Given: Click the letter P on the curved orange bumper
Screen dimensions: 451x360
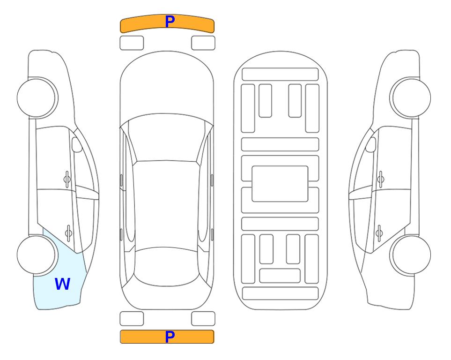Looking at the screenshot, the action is tap(170, 22).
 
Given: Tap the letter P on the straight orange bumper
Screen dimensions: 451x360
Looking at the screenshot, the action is tap(170, 337).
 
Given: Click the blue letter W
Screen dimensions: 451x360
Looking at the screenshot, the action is tap(62, 284).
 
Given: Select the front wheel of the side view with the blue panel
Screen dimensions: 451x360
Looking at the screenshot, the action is tap(37, 98).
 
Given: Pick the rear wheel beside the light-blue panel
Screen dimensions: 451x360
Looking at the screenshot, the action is tap(37, 255).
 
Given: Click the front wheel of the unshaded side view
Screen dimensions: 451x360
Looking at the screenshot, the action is tap(411, 98).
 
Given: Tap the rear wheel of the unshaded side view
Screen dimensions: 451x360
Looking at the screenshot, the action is tap(411, 255).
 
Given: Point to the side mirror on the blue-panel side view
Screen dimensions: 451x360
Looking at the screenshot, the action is tap(76, 144).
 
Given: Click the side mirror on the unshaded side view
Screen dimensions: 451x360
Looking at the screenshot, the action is tap(371, 144).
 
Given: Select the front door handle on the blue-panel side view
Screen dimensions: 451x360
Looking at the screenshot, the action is tap(67, 180).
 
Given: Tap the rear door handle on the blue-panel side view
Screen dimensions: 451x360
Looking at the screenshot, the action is tap(68, 232).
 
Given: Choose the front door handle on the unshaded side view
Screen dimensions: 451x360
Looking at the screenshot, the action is tap(381, 180).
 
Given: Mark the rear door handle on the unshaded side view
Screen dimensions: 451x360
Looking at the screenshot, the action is tap(379, 232).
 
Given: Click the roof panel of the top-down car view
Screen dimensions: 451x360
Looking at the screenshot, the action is tap(166, 206).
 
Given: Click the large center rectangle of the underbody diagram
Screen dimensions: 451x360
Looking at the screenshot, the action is tap(280, 184).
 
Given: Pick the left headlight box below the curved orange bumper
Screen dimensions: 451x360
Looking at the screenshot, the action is tap(132, 43).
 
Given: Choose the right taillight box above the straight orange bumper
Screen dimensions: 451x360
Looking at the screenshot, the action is tap(203, 319).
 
